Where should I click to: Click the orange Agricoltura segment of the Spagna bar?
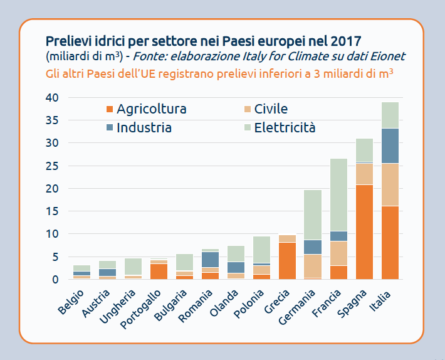[x=364, y=232]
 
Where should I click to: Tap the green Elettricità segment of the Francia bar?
[x=338, y=194]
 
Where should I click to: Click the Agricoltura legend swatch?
[x=110, y=109]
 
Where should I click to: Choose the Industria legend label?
[x=144, y=128]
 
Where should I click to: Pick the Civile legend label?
[x=271, y=109]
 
